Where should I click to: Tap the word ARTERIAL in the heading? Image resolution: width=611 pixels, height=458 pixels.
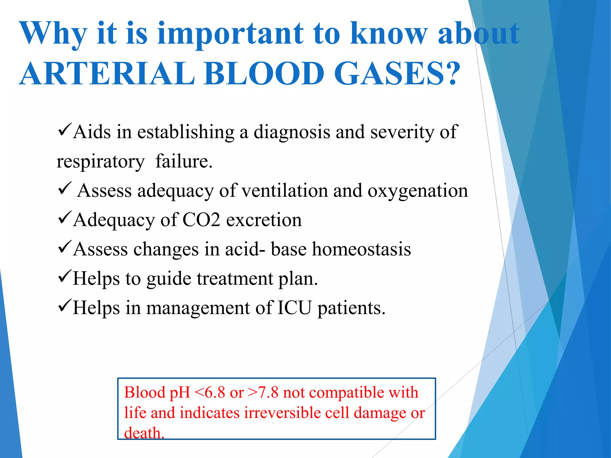click(107, 74)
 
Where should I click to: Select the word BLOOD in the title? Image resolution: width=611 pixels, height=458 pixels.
click(264, 74)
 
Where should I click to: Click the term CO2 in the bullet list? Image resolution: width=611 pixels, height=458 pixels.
click(201, 220)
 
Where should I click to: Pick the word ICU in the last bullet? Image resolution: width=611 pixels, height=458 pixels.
click(294, 308)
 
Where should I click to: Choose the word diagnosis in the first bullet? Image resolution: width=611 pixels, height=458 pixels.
click(292, 132)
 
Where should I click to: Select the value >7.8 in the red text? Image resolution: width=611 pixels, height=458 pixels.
click(263, 392)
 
